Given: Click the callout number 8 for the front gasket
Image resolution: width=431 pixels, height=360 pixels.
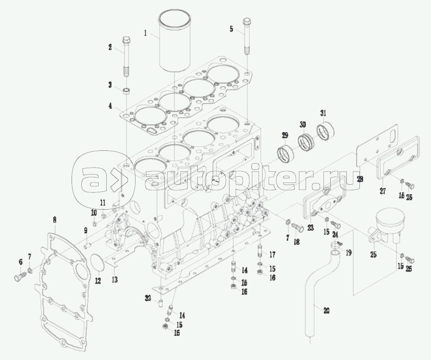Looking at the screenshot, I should pos(54,219).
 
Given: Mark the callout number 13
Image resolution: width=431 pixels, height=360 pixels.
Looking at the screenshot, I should pos(114,280).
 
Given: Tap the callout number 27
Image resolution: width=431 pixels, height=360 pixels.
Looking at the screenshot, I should pos(382,191).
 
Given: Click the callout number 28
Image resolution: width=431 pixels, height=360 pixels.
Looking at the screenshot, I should pos(360,179).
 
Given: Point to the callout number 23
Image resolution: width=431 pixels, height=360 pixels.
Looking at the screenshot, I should pos(311,227).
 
